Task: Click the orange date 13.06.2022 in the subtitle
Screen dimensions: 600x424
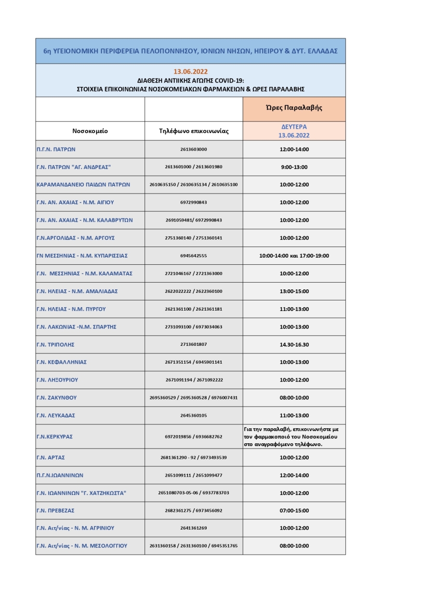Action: (x=190, y=71)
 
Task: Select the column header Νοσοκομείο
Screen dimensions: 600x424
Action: (x=90, y=131)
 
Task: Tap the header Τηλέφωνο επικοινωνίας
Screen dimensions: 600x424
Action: (x=194, y=131)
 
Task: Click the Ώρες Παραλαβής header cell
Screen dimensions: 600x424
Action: (x=294, y=108)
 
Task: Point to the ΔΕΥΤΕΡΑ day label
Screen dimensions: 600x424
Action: (x=294, y=126)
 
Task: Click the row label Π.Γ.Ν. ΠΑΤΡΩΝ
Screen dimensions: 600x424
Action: (x=56, y=149)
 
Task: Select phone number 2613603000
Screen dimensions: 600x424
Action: (x=194, y=149)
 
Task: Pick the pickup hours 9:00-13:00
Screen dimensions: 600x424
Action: (x=294, y=167)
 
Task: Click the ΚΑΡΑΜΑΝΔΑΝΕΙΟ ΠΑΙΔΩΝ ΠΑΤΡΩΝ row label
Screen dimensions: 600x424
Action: (x=83, y=185)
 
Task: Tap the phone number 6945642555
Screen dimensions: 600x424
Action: (x=194, y=256)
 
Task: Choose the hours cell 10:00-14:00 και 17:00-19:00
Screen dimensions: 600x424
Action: (x=294, y=256)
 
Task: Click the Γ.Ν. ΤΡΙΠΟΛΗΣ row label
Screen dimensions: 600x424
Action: (x=55, y=344)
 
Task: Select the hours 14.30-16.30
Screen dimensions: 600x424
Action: (x=294, y=344)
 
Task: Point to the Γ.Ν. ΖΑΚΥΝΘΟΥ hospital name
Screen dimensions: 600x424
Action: (x=57, y=397)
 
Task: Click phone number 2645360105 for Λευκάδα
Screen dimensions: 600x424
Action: (x=194, y=415)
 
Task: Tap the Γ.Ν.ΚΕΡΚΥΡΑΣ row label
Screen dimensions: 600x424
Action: (x=54, y=436)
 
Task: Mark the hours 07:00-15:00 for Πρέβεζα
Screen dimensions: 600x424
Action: (x=294, y=510)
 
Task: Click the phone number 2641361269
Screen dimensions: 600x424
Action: (x=194, y=528)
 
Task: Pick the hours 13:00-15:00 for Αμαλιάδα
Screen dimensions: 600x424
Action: (x=294, y=291)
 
